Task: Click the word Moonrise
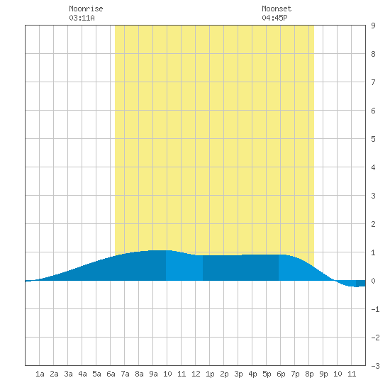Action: click(86, 9)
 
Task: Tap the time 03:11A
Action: click(82, 18)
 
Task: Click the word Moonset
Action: click(277, 9)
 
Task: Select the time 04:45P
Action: click(274, 18)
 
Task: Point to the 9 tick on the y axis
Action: click(373, 26)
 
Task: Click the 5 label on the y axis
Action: click(373, 139)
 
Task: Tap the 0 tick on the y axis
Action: click(373, 281)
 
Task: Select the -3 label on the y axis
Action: click(375, 366)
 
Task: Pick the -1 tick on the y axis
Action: click(375, 309)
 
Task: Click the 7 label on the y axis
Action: click(373, 82)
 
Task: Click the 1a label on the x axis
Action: click(40, 374)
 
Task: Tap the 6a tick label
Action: click(111, 374)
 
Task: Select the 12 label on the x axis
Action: click(196, 374)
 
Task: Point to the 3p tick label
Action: click(238, 374)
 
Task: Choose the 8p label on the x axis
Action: click(309, 374)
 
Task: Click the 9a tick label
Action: click(153, 374)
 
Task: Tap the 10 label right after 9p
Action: click(338, 374)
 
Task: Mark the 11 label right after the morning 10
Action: click(182, 374)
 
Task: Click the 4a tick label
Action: click(82, 374)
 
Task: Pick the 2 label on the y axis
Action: click(373, 224)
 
